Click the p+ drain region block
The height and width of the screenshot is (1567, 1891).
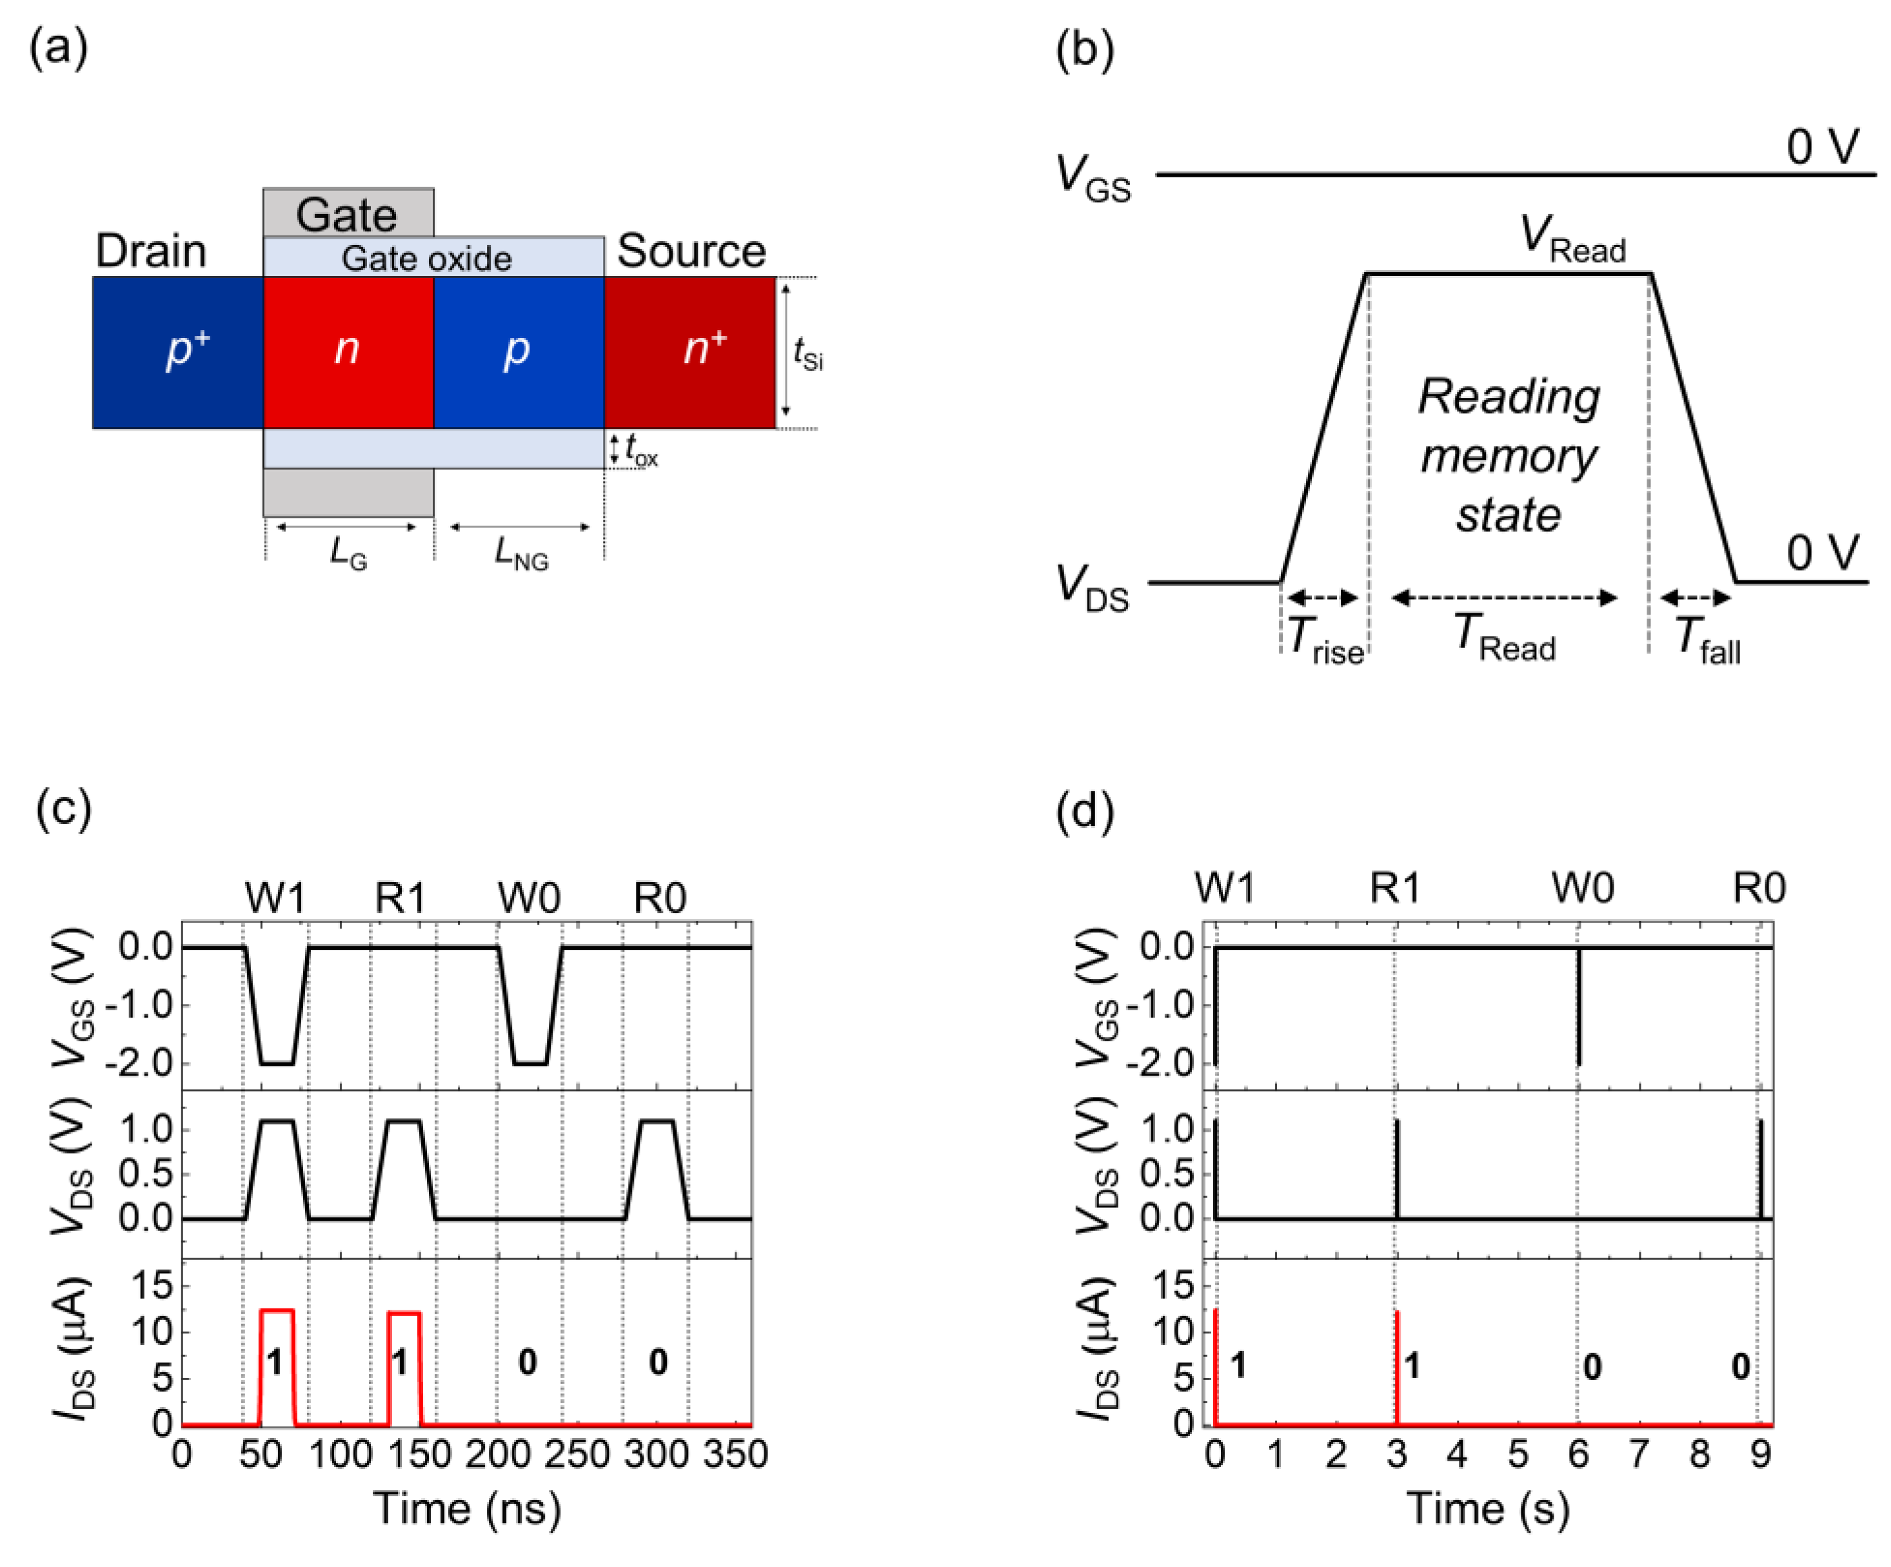(177, 352)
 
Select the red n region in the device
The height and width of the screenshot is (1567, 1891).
(348, 352)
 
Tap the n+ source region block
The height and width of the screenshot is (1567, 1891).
(689, 352)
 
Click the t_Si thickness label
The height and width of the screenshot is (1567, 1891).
(807, 354)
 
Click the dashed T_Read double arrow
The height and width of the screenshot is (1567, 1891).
(1505, 598)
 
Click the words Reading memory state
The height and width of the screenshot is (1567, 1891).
(1509, 456)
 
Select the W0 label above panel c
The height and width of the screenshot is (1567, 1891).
(529, 898)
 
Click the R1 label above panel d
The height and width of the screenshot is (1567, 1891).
(1395, 889)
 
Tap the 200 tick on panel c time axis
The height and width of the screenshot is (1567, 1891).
(497, 1454)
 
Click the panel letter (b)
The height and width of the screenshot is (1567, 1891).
(1084, 50)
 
